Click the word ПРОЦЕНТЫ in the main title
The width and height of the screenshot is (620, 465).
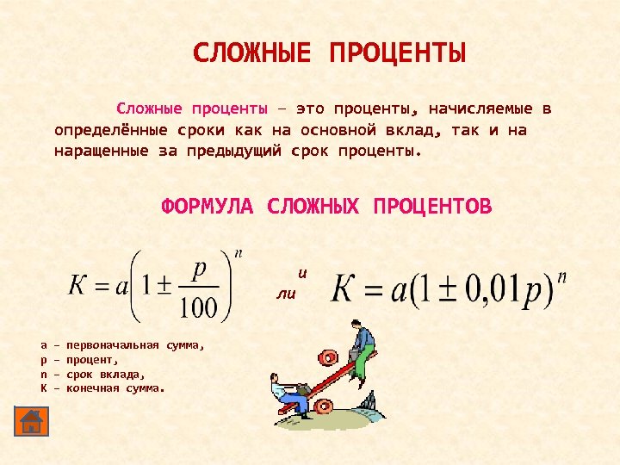point(397,53)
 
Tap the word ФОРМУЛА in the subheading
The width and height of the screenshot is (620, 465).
point(208,207)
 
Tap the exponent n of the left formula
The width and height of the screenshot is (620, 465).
point(239,253)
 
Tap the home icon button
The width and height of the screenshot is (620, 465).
point(31,422)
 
